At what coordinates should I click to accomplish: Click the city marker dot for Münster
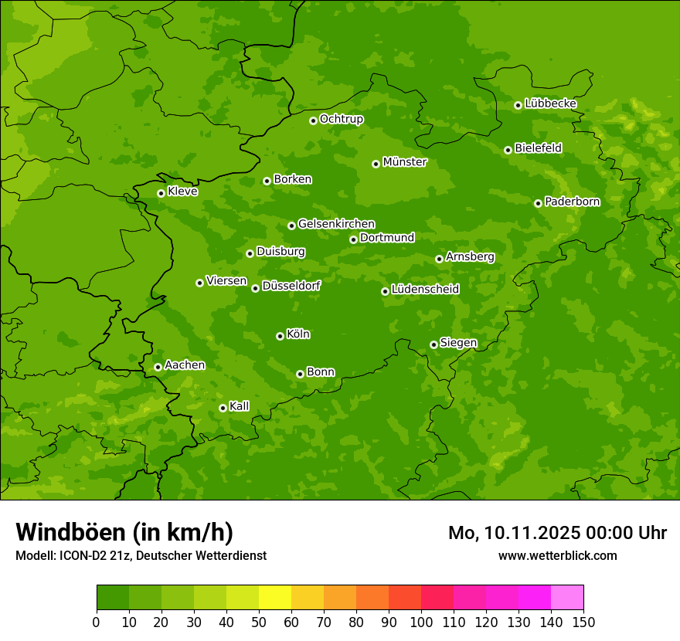[x=376, y=164]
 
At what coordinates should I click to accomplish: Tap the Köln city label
[x=298, y=334]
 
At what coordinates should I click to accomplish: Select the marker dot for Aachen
[x=158, y=367]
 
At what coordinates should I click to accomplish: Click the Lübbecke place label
[x=550, y=103]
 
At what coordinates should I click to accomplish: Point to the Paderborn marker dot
[x=538, y=203]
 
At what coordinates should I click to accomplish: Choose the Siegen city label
[x=458, y=343]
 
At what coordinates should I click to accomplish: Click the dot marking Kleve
[x=161, y=193]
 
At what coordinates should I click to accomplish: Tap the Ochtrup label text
[x=342, y=119]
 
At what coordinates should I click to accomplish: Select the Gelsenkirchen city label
[x=336, y=224]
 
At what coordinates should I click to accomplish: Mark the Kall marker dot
[x=223, y=408]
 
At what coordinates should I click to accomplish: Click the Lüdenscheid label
[x=425, y=290]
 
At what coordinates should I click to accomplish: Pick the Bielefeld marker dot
[x=508, y=150]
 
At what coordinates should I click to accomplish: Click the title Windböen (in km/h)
[x=124, y=532]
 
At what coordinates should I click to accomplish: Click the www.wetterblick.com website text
[x=557, y=555]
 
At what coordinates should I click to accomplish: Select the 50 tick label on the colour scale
[x=258, y=622]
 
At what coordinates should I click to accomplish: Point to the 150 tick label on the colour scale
[x=583, y=622]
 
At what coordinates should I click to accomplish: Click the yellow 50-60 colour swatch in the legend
[x=275, y=598]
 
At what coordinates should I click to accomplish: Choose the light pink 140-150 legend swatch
[x=567, y=598]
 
